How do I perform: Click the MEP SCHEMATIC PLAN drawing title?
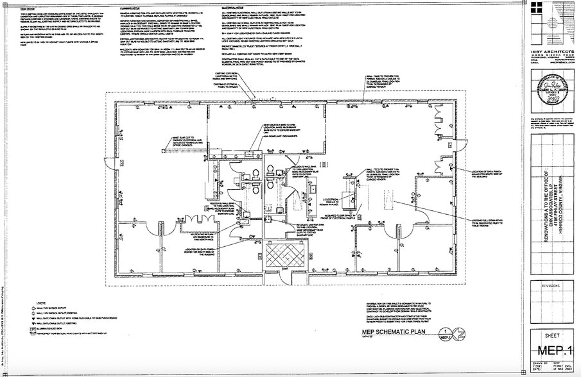[x=393, y=331]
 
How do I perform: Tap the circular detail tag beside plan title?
[x=446, y=333]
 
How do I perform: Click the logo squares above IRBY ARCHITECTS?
[x=548, y=26]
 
